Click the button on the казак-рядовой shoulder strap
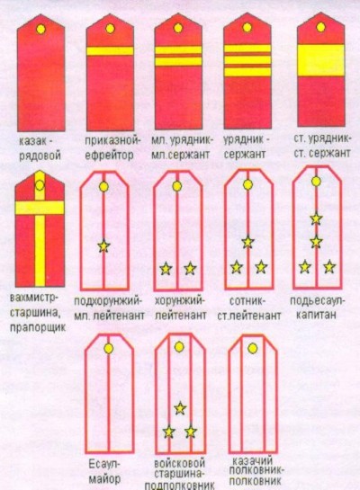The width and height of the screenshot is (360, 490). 40,29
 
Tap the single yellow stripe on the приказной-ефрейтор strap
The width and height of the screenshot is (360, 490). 110,51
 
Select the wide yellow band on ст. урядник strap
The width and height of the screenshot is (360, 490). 320,60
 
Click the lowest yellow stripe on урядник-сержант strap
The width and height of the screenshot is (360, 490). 247,72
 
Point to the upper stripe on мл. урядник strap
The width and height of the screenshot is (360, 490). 178,50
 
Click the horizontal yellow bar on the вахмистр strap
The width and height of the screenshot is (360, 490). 40,208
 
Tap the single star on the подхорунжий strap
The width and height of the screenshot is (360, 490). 103,246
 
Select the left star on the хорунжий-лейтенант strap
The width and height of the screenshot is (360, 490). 166,269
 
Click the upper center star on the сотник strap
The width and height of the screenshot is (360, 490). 247,241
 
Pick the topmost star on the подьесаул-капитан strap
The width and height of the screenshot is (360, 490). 316,218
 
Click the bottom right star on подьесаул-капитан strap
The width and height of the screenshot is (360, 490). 329,267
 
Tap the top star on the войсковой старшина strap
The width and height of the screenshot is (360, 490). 180,408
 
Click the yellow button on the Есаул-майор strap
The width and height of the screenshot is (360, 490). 109,349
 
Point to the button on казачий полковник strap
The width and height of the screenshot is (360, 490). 252,349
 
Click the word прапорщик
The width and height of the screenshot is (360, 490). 38,327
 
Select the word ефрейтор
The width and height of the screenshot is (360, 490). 110,155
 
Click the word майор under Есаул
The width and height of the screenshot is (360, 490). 103,478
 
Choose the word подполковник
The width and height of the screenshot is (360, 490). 180,486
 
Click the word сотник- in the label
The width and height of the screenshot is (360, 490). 247,301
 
